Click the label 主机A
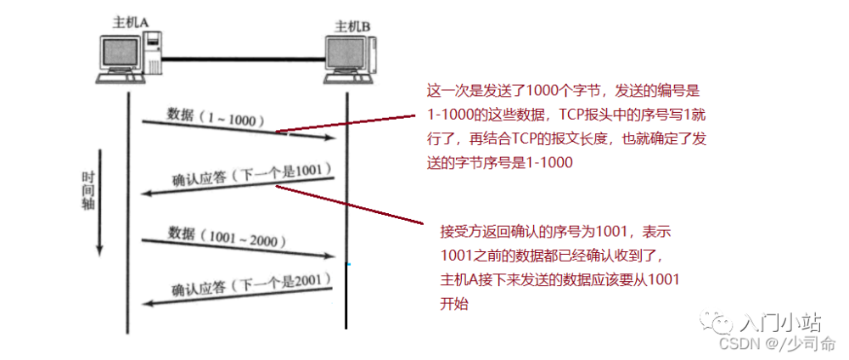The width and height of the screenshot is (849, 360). [130, 22]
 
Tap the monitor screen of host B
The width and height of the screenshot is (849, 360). [346, 57]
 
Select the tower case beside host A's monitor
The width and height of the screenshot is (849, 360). [153, 52]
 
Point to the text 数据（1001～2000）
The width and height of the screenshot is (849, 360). [226, 236]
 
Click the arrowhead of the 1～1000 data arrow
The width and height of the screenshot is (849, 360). [330, 138]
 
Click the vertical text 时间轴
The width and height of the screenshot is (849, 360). [88, 190]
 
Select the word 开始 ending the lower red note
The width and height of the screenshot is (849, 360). [454, 304]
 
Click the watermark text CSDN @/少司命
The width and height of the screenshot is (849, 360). [777, 343]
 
